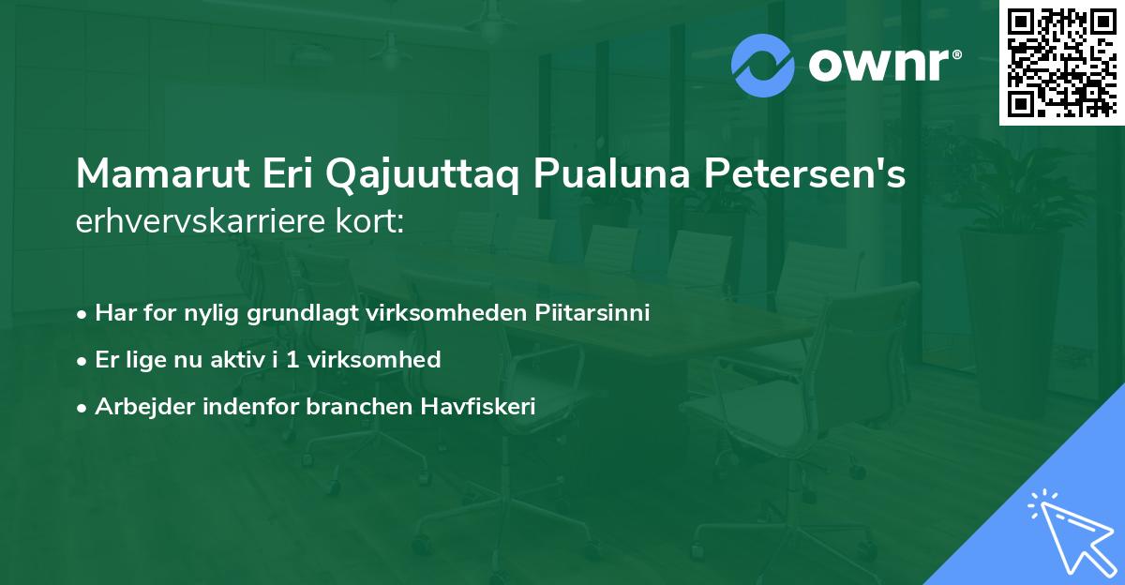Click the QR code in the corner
[x=1060, y=62]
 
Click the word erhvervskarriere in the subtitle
[x=204, y=222]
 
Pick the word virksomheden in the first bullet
[x=430, y=312]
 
